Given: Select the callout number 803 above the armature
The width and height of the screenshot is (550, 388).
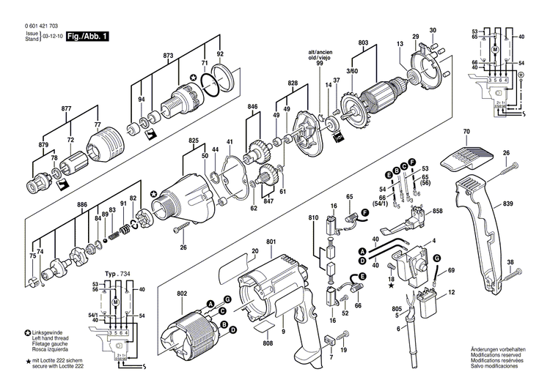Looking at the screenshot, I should (364, 43).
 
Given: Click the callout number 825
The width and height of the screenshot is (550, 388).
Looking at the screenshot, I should (194, 139).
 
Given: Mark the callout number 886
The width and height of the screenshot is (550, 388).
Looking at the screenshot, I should (82, 205).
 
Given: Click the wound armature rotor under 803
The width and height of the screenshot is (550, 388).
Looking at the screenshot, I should (378, 92).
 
